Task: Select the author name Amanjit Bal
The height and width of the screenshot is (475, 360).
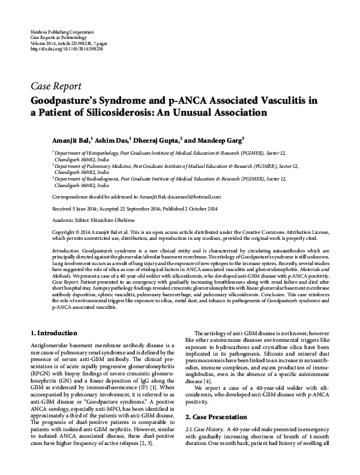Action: (71, 140)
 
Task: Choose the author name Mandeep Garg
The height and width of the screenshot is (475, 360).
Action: (220, 140)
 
